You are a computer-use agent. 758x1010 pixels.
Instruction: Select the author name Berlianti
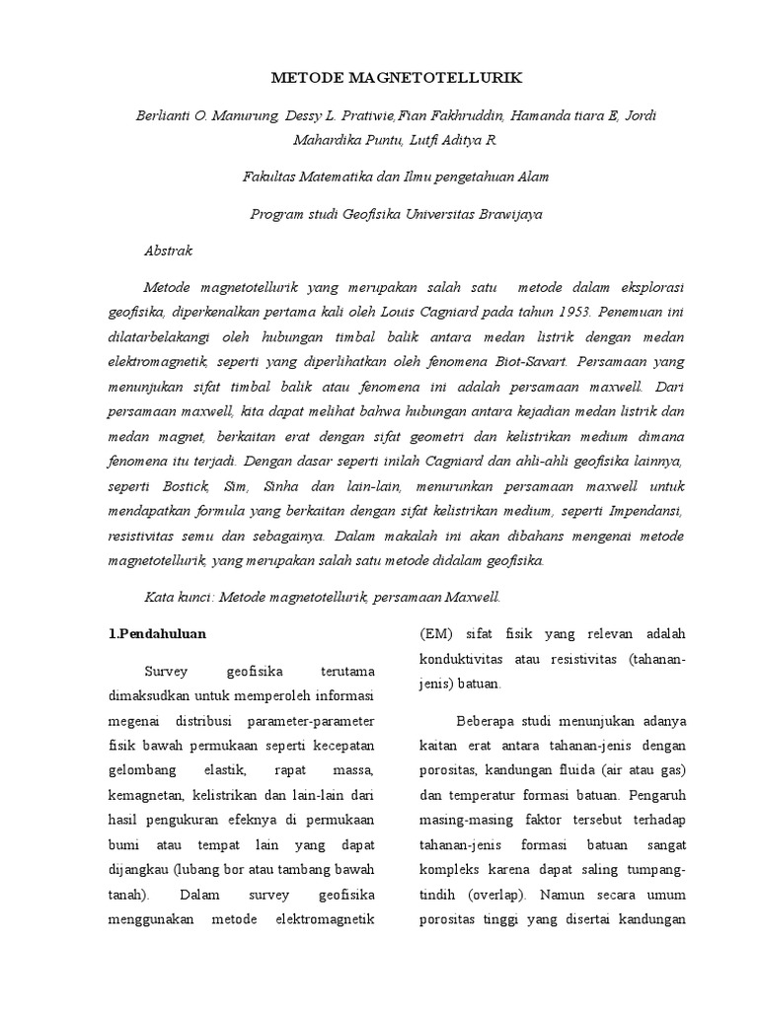pyautogui.click(x=167, y=115)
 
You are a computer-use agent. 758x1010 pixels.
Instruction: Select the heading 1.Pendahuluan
pyautogui.click(x=158, y=633)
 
